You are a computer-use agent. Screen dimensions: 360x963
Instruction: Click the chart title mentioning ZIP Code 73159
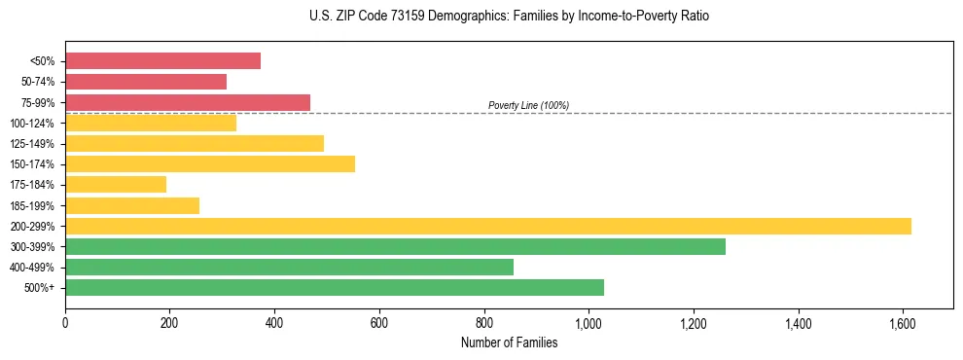pos(509,17)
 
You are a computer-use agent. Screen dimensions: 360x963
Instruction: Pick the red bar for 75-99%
pos(188,102)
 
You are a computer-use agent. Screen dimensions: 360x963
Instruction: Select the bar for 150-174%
pos(210,163)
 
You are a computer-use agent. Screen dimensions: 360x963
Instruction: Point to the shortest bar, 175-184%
pos(116,184)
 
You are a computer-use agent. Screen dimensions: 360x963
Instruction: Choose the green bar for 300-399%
pos(395,246)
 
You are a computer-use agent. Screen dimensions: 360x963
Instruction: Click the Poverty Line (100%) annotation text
pos(528,105)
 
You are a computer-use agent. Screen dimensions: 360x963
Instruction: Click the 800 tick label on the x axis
pos(483,321)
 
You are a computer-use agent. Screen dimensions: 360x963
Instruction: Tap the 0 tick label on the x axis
pos(65,321)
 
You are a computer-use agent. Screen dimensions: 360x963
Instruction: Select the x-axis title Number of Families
pos(509,342)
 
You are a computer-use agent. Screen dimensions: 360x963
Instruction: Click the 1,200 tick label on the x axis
pos(693,321)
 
